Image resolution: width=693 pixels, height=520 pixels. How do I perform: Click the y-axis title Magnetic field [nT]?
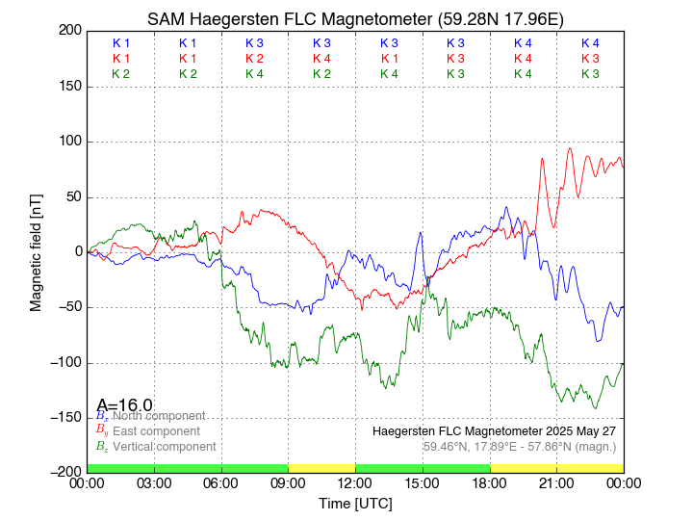coord(37,250)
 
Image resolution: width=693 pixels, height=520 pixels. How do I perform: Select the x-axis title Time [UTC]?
coord(355,504)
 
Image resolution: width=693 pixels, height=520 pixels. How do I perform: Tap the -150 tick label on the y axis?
coord(66,417)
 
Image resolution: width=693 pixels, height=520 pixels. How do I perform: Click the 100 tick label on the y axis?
coord(70,142)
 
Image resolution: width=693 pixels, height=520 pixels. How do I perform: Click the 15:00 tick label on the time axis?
coord(422,482)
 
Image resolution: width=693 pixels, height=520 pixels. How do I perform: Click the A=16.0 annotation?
coord(125,405)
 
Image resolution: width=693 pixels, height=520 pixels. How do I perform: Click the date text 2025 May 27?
coord(581,430)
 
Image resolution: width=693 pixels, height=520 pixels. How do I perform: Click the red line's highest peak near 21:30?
coord(571,148)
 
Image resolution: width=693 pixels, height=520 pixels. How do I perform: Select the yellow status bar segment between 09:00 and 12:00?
coord(321,468)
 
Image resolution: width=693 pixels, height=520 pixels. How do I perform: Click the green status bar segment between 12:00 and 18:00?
coord(422,468)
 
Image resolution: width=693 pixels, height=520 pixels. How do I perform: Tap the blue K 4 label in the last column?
coord(590,43)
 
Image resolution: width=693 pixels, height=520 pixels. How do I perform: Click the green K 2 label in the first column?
coord(121,74)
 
